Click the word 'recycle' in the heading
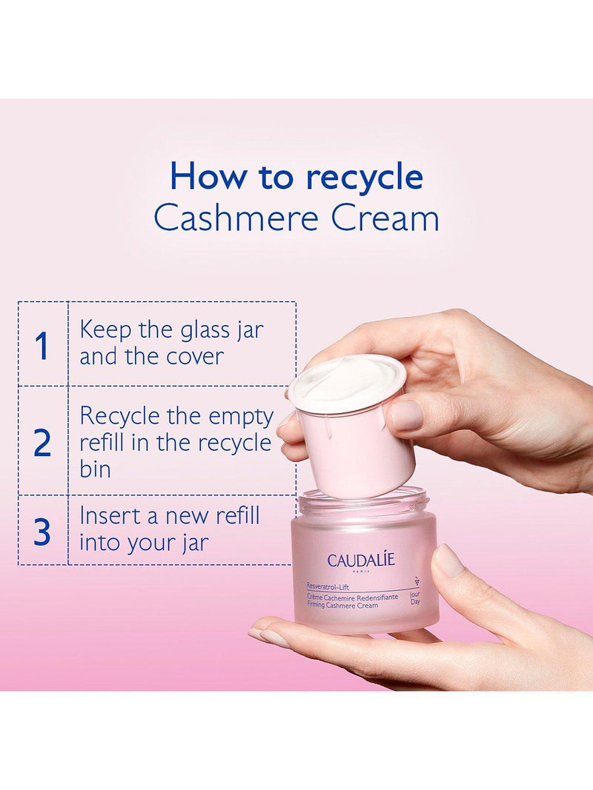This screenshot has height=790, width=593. coord(365,178)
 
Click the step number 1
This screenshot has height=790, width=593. coord(42,346)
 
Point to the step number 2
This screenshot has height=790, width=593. coord(42,443)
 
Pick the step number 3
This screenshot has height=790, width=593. coord(42,531)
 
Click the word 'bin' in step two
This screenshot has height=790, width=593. coord(96,469)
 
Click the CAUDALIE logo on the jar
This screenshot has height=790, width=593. coord(361,560)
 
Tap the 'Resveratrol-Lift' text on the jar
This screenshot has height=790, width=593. coord(328,587)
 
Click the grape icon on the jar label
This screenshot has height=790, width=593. coord(416,580)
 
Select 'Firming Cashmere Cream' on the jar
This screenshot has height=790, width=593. coord(342,605)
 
